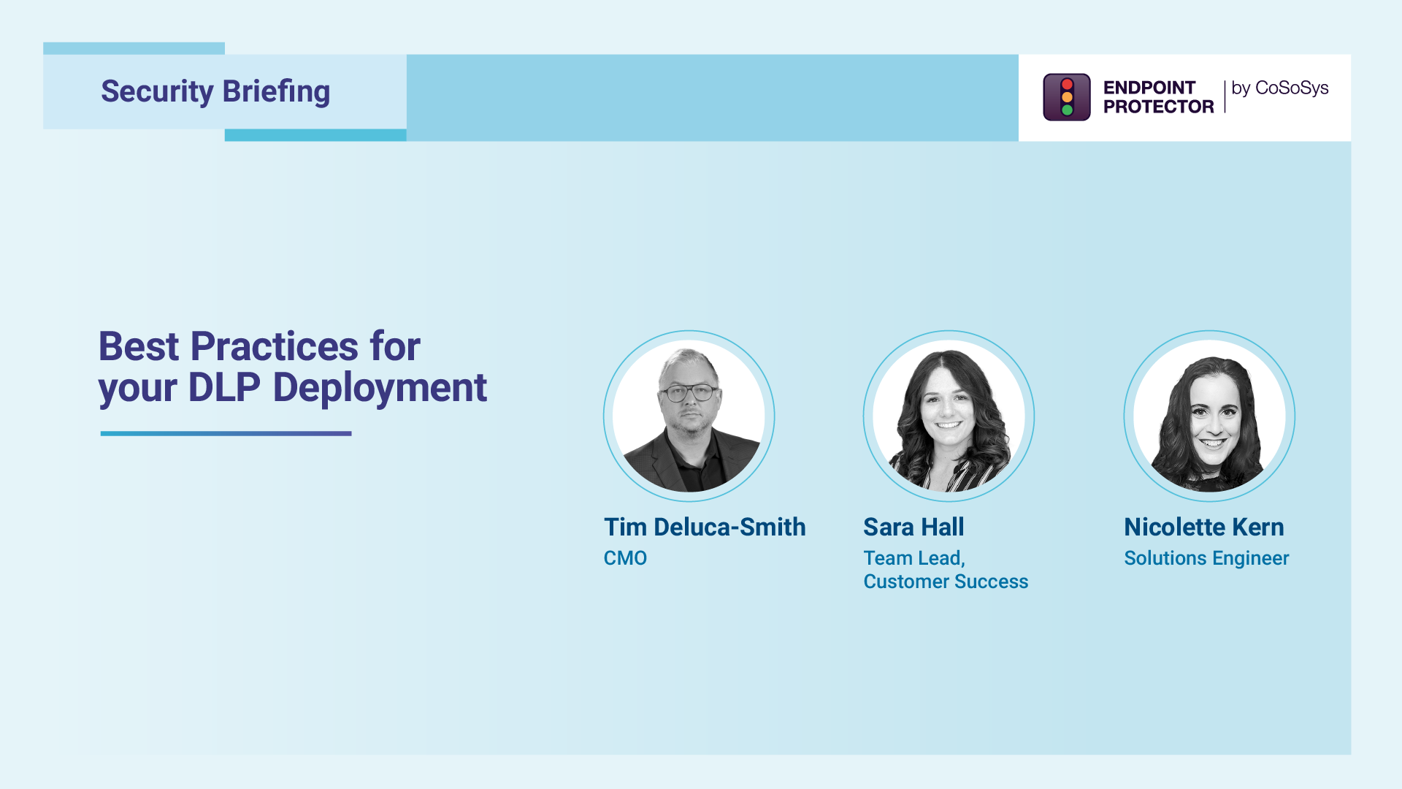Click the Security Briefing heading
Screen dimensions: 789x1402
click(x=215, y=92)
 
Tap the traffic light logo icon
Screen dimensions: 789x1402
click(x=1066, y=97)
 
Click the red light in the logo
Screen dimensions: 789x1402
click(x=1067, y=84)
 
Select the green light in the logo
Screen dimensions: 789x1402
click(x=1067, y=110)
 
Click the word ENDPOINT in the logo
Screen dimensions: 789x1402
click(x=1149, y=88)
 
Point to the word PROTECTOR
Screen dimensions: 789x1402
click(x=1158, y=107)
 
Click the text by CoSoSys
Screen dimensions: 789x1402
click(x=1279, y=88)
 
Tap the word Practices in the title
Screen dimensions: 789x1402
click(x=274, y=346)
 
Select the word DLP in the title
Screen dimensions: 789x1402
click(x=224, y=387)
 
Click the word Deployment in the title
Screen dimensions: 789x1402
click(x=380, y=387)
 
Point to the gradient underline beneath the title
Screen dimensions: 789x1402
click(x=226, y=433)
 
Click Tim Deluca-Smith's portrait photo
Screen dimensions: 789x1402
click(x=689, y=416)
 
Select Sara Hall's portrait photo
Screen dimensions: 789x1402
click(x=949, y=416)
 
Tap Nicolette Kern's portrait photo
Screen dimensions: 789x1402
click(x=1209, y=416)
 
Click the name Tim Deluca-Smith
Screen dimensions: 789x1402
click(x=705, y=527)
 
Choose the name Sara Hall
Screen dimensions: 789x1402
click(x=913, y=527)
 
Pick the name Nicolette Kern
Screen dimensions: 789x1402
click(x=1203, y=527)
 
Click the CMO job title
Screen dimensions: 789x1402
click(x=625, y=558)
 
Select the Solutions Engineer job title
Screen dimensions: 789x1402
click(x=1206, y=558)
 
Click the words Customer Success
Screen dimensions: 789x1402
click(x=946, y=582)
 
